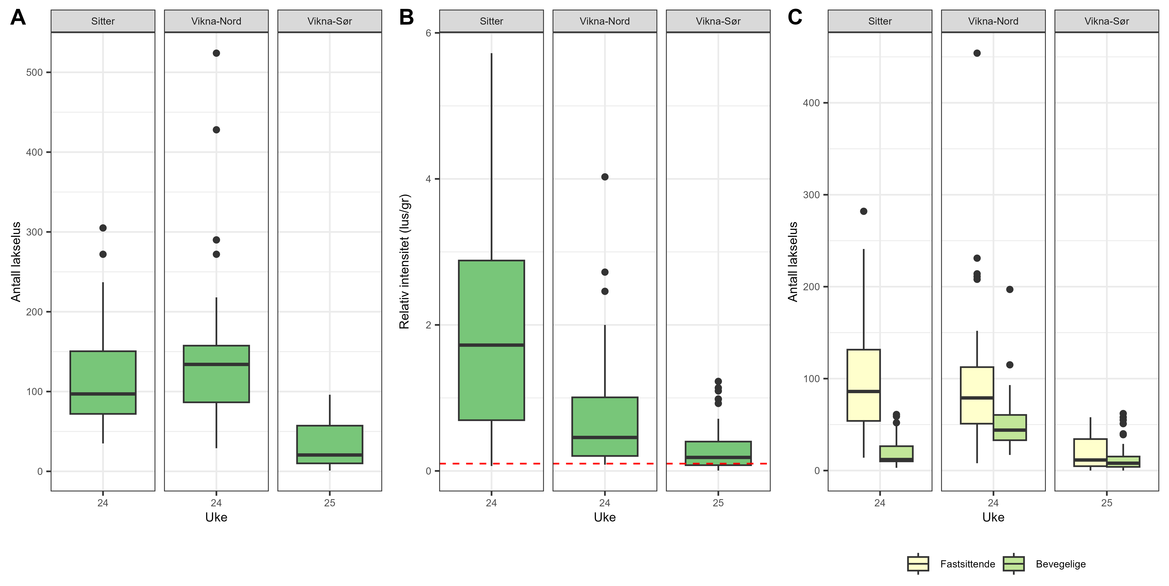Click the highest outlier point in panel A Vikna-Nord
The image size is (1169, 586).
click(x=216, y=53)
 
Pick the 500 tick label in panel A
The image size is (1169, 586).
click(x=34, y=73)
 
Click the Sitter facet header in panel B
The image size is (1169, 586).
click(x=491, y=21)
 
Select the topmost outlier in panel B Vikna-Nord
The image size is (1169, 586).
click(x=605, y=177)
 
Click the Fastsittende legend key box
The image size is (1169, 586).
click(x=918, y=564)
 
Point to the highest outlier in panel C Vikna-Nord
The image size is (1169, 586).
click(x=977, y=53)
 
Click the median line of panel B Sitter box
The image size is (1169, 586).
click(x=491, y=345)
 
